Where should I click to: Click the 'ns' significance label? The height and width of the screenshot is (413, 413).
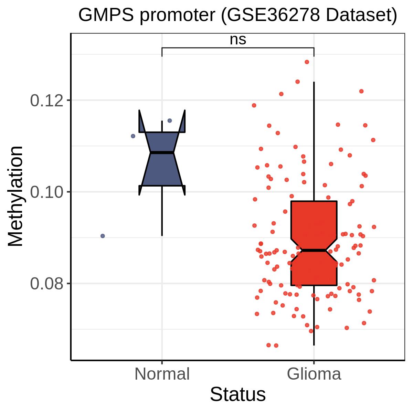(x=238, y=40)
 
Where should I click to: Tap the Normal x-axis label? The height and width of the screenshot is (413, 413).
(x=162, y=374)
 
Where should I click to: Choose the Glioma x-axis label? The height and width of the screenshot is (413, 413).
(x=314, y=374)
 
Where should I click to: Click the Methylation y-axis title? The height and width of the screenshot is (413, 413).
(x=15, y=196)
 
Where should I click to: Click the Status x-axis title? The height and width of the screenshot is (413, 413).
(x=238, y=394)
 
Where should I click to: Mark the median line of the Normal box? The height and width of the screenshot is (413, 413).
(x=162, y=152)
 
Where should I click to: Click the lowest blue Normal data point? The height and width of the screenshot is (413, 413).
(x=103, y=236)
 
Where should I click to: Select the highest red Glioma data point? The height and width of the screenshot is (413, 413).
(x=307, y=62)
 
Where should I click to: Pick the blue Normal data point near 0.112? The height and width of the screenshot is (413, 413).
(x=133, y=136)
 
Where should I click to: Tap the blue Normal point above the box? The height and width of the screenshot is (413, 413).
(x=170, y=120)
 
